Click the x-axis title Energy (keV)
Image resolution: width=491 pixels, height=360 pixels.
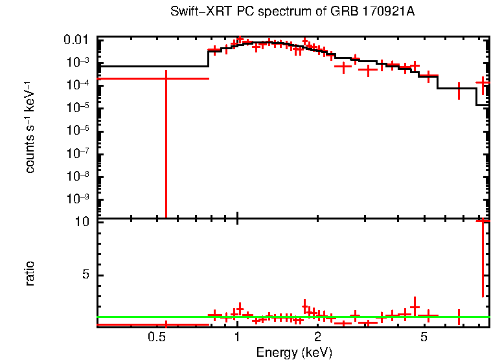(294, 352)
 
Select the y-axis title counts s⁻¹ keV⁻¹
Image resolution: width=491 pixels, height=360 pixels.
(30, 127)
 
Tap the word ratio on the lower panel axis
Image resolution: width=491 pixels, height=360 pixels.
(30, 273)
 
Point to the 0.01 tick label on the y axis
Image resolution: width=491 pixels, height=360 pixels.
(78, 40)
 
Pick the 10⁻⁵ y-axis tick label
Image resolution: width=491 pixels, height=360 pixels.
(78, 107)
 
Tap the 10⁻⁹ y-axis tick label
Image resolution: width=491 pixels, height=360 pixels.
(78, 198)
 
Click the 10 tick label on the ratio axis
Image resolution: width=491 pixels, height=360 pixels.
(82, 222)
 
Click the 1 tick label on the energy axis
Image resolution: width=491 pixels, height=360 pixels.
(237, 337)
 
